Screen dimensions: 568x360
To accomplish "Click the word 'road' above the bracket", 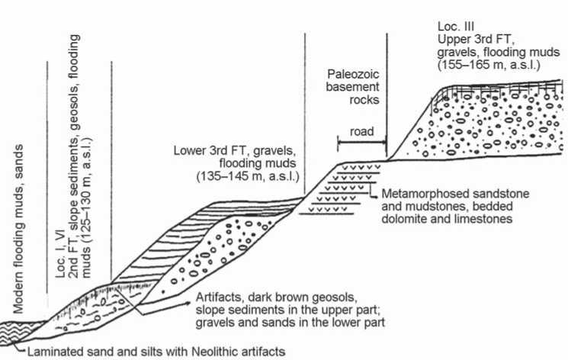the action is pyautogui.click(x=361, y=131).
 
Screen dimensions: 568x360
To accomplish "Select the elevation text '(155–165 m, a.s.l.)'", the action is pyautogui.click(x=488, y=66).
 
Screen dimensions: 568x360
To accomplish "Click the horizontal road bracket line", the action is pyautogui.click(x=361, y=141).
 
